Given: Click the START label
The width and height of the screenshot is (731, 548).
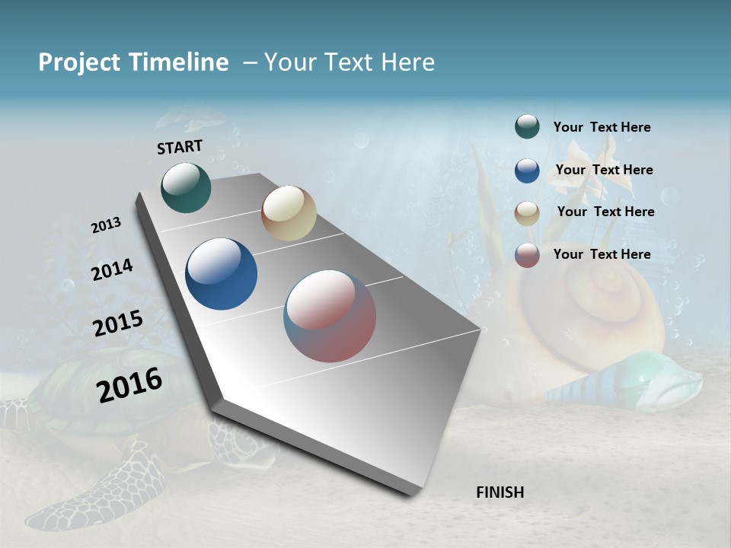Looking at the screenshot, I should [x=180, y=147].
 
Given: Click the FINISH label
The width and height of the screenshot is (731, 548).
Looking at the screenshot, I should [x=500, y=492].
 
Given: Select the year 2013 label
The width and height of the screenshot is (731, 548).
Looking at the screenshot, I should [x=106, y=225].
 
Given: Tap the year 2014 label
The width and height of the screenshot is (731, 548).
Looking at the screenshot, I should [x=112, y=270].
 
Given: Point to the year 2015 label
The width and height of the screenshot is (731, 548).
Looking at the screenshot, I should [x=118, y=323].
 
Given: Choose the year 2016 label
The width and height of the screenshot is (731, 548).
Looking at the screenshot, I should [x=129, y=385].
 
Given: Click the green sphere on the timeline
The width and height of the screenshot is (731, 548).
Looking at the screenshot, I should [x=186, y=187].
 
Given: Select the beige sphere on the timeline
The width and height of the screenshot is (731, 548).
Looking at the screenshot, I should [x=289, y=213].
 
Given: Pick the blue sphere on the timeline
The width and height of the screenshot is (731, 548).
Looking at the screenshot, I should [x=221, y=274].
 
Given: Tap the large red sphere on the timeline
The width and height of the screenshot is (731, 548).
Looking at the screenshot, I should [x=330, y=316].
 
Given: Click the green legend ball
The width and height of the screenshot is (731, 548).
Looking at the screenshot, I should [x=527, y=127].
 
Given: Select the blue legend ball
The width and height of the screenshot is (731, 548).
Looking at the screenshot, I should [x=527, y=170].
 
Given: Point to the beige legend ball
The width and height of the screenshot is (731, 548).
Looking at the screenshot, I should [x=527, y=212].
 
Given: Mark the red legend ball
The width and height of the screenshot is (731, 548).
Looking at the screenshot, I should [x=527, y=255].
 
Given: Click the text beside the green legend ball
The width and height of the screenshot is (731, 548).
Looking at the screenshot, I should [x=602, y=128].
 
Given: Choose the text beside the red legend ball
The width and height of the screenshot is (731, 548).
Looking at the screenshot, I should [x=602, y=254].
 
